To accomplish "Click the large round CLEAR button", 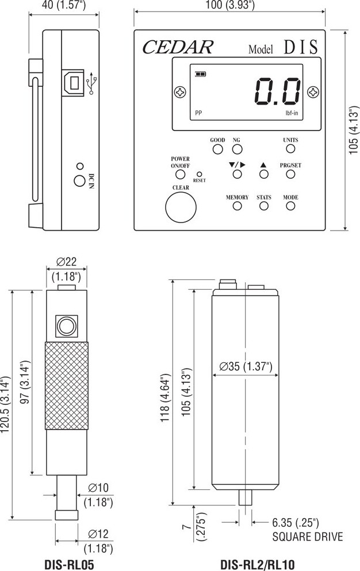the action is coord(181,207).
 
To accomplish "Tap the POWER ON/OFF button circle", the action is coord(181,174).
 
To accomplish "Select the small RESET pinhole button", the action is coord(200,174).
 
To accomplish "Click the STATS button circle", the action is coord(264,206).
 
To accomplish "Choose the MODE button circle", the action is coord(290,206).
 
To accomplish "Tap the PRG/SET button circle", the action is coord(290,174).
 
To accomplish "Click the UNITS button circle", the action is coord(290,148).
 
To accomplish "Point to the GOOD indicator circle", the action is coord(217,150).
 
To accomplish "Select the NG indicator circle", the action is coord(237,150).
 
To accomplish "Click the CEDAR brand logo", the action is coord(178,47).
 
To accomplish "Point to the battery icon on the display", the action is coord(200,74).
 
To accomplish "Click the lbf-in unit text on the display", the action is coord(292,113).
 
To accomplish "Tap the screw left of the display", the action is coord(180,92).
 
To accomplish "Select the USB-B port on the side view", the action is coord(73,83).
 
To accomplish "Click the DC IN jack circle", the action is coord(79,181).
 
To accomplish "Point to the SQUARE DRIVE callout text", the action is coord(308,536).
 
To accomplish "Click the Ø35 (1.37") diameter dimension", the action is coord(246,366).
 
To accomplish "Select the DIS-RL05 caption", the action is coord(69,565).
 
